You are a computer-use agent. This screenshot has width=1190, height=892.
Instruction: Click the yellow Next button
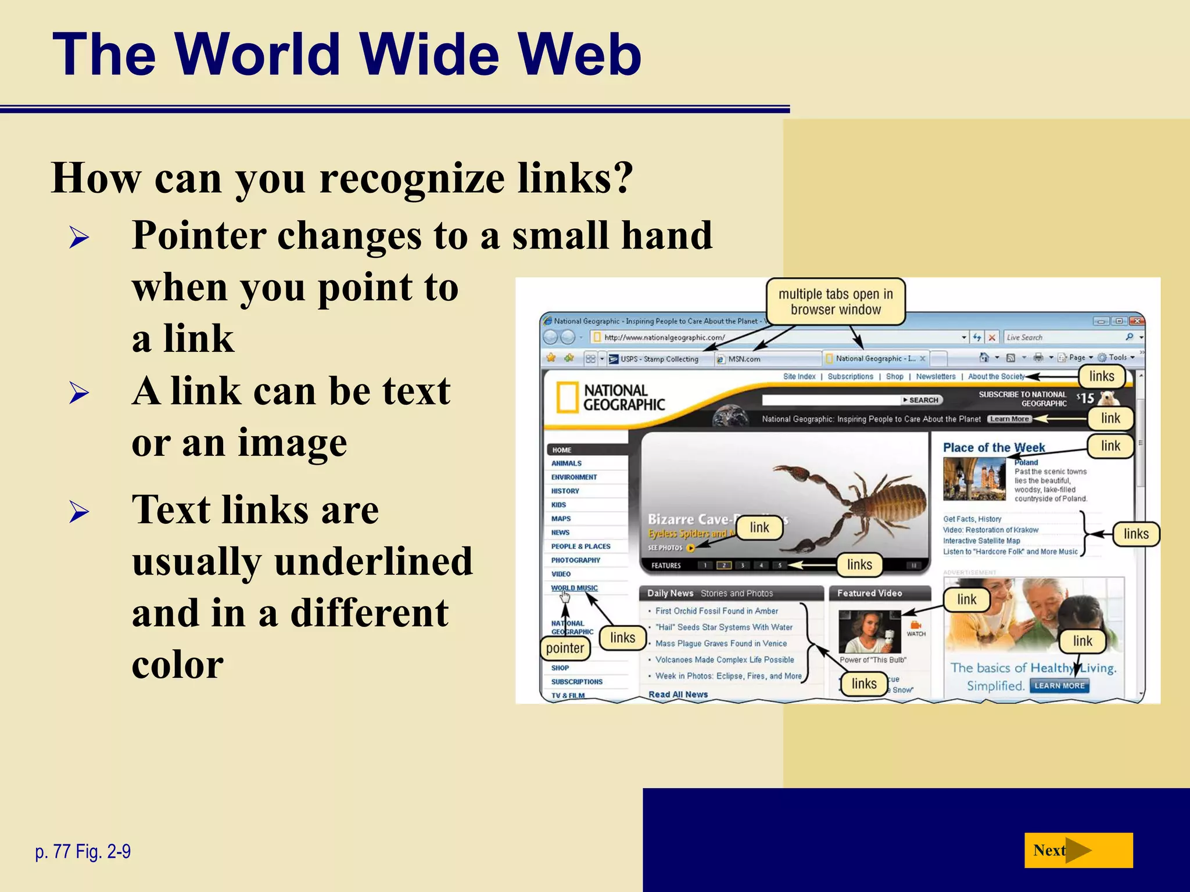click(1078, 850)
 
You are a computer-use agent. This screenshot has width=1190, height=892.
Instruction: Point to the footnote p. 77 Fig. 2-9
click(83, 851)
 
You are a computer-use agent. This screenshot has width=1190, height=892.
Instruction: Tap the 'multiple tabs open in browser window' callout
click(836, 302)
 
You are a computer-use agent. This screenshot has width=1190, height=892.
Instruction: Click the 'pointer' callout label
click(565, 648)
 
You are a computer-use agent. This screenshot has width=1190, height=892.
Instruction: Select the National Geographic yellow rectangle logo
click(567, 397)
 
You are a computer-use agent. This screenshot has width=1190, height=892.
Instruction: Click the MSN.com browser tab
click(744, 359)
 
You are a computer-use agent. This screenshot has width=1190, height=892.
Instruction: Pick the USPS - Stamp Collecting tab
click(659, 359)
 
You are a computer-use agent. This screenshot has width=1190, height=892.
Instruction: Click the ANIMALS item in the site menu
click(567, 463)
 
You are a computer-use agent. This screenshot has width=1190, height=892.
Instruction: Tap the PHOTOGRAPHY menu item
click(576, 560)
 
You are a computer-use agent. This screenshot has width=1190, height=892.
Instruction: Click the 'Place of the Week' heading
click(994, 448)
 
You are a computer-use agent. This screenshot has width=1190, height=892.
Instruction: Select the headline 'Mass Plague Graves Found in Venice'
click(721, 643)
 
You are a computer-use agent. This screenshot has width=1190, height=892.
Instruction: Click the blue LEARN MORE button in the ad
click(1059, 686)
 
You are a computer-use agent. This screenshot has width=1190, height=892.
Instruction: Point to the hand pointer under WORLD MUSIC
click(565, 596)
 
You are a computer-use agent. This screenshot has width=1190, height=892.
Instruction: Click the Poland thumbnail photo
click(974, 479)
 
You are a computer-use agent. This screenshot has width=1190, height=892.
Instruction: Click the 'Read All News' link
click(678, 695)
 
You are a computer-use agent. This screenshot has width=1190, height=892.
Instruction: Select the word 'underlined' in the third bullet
click(374, 561)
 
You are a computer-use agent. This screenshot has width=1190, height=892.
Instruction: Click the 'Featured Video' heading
click(869, 593)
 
